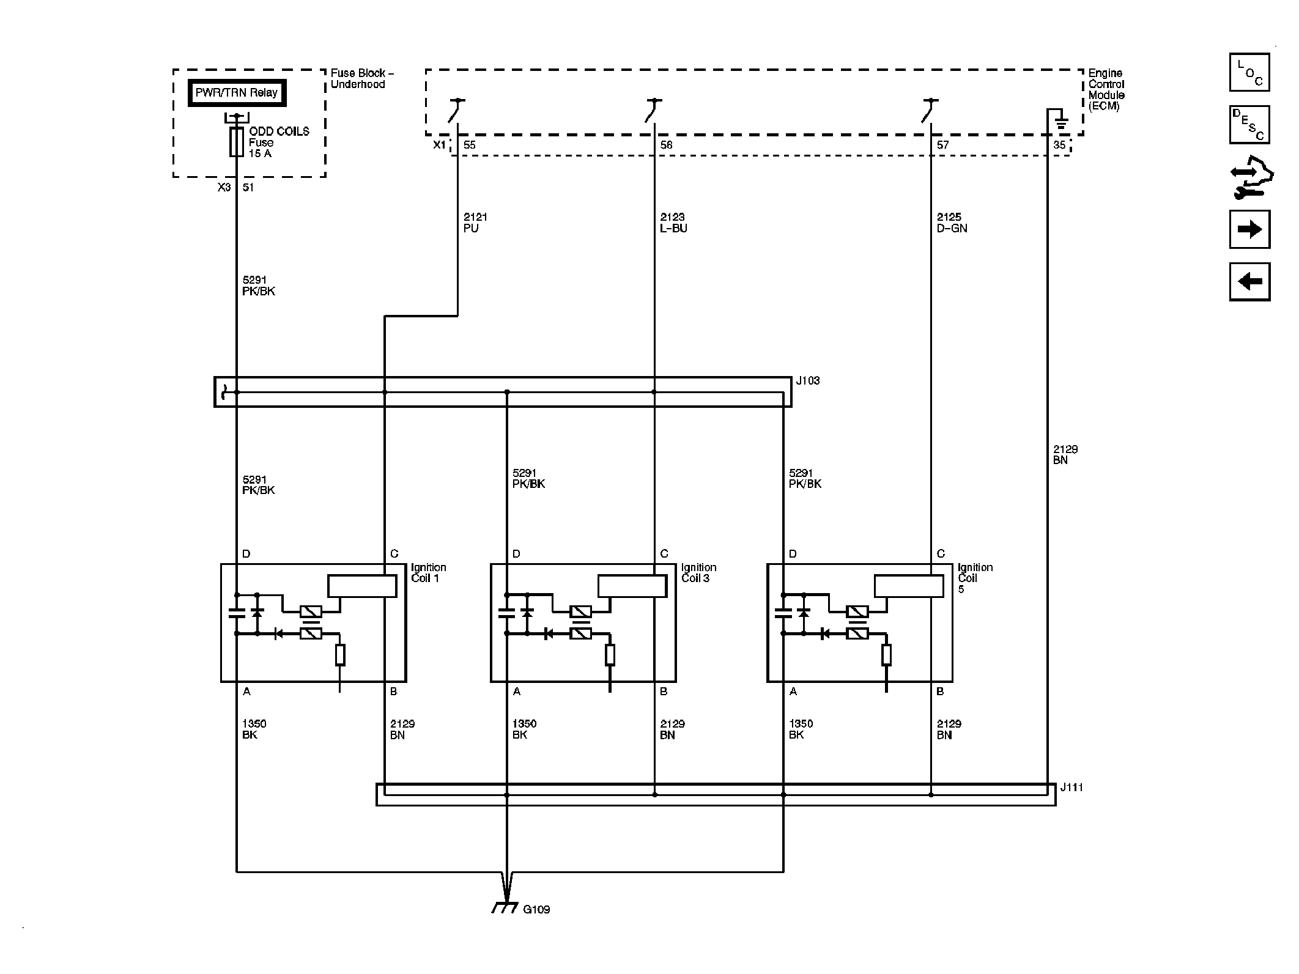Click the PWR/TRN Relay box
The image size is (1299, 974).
[237, 94]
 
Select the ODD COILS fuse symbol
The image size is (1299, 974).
[236, 142]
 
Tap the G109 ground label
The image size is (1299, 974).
[536, 926]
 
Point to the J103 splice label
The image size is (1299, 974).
[807, 381]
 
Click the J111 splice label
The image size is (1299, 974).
[1071, 788]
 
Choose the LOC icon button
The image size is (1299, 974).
[1249, 73]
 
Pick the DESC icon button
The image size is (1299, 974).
[1249, 125]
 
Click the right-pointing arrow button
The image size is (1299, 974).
[1249, 229]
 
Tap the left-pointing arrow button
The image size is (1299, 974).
[1249, 282]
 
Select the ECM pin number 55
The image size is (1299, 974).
[469, 146]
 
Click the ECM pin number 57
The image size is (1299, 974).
[942, 146]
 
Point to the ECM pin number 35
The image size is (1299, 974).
[1059, 146]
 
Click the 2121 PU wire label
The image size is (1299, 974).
[475, 223]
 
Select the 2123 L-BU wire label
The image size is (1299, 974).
[673, 223]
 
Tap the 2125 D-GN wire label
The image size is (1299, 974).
[952, 223]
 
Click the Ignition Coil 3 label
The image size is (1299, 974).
[698, 573]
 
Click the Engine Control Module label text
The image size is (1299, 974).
[1106, 89]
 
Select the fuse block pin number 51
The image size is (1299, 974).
[248, 188]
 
